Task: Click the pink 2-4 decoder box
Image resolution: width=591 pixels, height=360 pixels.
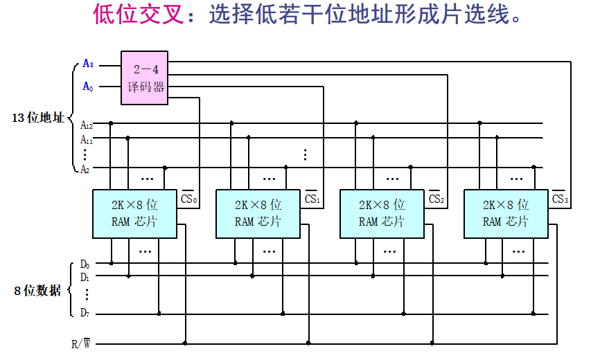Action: pos(144,78)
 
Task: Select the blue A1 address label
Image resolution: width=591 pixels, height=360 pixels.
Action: pos(88,64)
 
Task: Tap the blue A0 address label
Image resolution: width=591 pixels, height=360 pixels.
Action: pos(88,87)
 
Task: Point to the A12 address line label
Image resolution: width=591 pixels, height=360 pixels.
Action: pos(87,125)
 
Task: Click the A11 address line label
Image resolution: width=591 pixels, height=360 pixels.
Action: pos(87,139)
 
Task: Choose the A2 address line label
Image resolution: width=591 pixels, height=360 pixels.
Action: pos(85,168)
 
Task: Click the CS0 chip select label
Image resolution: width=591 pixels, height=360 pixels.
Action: pos(189,199)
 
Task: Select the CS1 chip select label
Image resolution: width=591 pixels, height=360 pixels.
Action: pos(312,199)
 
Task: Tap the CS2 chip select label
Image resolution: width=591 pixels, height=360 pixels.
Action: pos(436,199)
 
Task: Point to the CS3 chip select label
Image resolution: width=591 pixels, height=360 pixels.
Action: pos(560,199)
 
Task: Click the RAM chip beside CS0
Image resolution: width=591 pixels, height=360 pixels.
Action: pos(134,213)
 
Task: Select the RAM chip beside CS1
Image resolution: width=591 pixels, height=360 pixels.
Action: pos(258,213)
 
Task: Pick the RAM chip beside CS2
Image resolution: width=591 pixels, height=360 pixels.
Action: pos(382,213)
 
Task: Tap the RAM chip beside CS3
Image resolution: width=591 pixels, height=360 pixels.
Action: pos(506,213)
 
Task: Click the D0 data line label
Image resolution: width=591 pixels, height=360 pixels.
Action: pos(85,264)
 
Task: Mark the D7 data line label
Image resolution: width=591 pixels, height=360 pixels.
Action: pos(85,314)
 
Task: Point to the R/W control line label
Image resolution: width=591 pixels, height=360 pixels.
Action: pos(80,343)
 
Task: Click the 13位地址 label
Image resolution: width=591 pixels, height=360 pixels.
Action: pos(38,118)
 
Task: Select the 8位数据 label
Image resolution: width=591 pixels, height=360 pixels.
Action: pos(38,291)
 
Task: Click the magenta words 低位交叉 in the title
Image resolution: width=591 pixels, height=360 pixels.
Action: pos(139,15)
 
